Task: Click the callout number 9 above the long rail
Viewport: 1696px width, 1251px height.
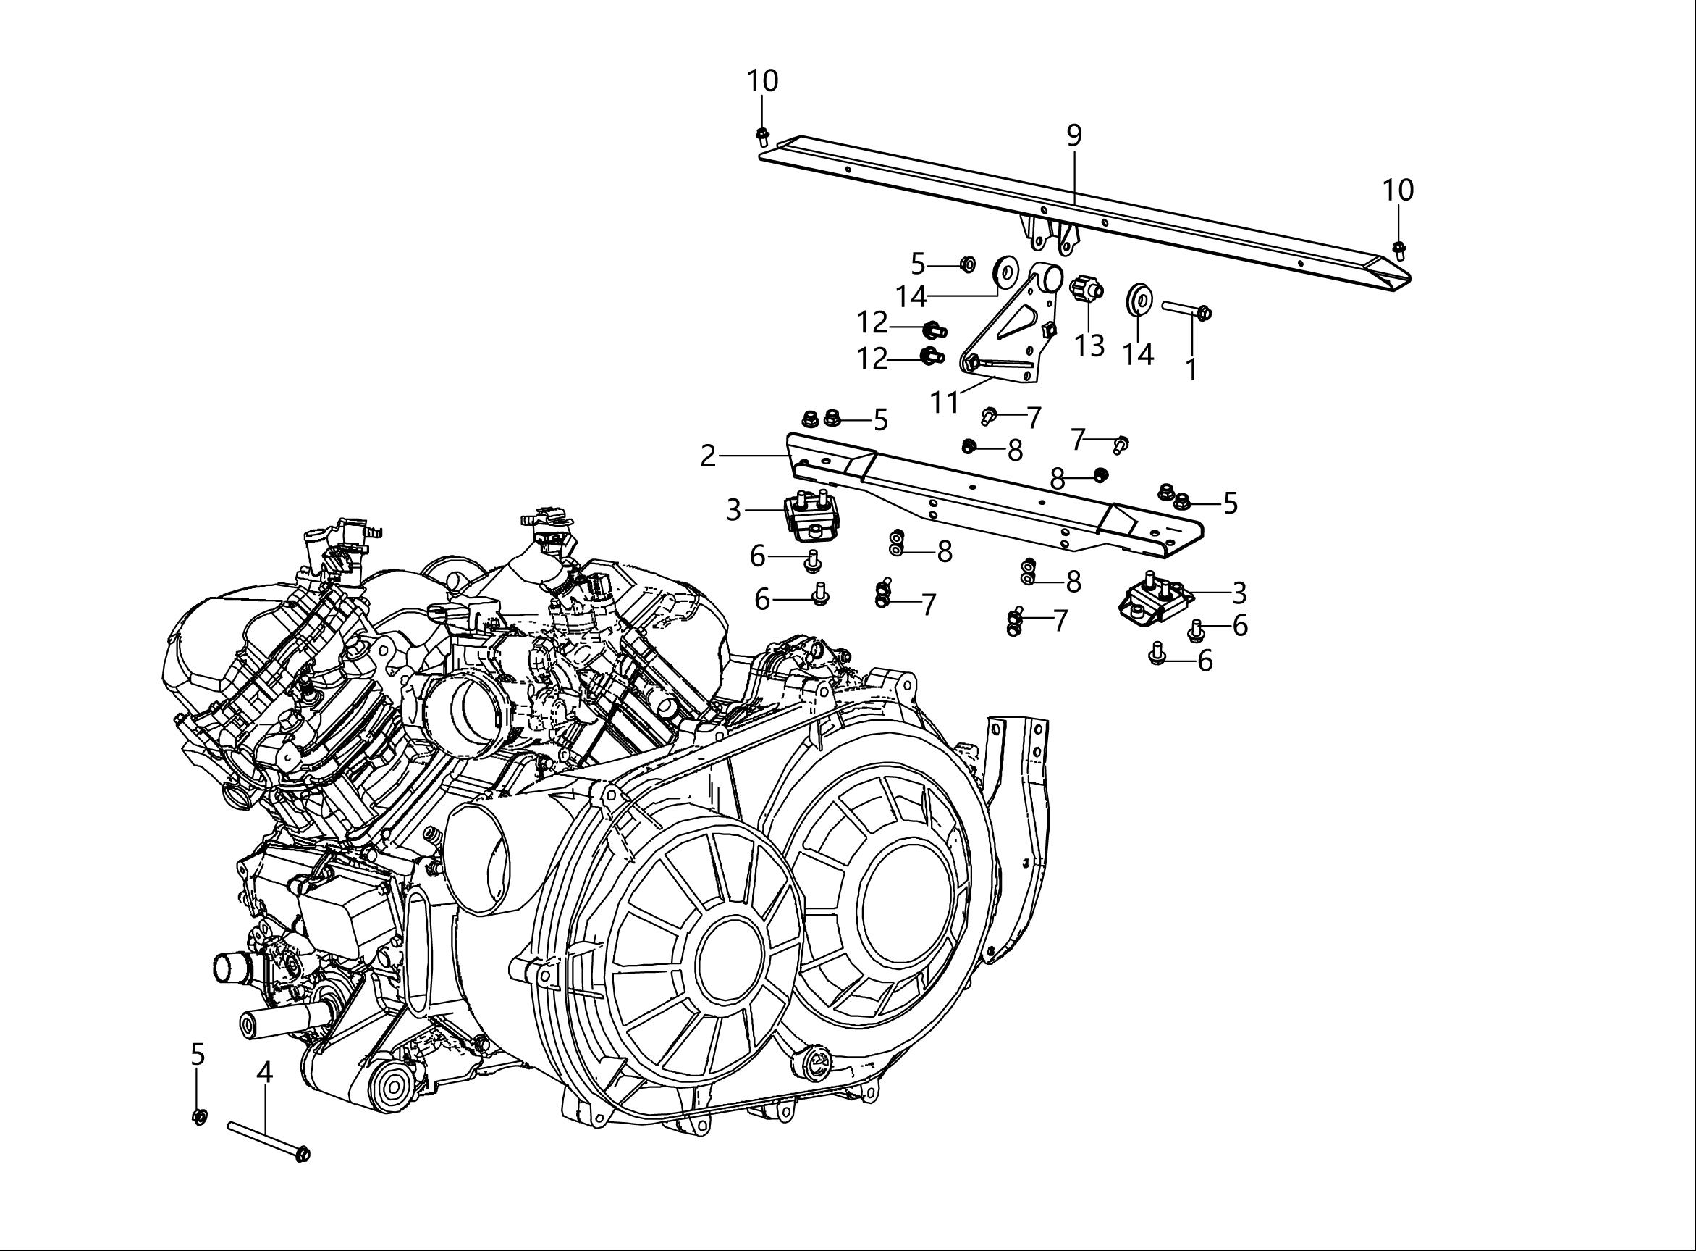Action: click(1074, 136)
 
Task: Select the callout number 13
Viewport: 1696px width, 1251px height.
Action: click(1090, 346)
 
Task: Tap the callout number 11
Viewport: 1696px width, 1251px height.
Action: click(945, 402)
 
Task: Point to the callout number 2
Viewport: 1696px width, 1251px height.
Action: click(708, 456)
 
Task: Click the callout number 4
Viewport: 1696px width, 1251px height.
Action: click(264, 1071)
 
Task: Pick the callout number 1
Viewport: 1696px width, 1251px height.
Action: click(1191, 369)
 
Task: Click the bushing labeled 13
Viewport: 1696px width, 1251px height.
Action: click(1087, 289)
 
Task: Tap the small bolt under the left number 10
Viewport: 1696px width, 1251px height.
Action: click(763, 137)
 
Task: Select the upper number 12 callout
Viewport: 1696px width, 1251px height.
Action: click(872, 323)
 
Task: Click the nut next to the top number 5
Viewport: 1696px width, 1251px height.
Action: click(966, 264)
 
